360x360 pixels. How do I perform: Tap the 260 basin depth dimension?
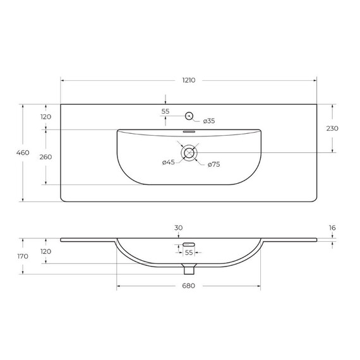pos(45,157)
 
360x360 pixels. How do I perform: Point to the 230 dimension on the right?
pos(332,128)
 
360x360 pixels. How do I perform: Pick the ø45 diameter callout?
pos(168,163)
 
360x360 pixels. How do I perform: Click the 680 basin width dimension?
pos(188,286)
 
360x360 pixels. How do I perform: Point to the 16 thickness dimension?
pos(332,228)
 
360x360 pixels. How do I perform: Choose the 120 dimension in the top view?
pos(45,117)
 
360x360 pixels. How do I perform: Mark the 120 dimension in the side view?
pos(45,251)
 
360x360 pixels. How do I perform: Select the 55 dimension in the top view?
pos(165,111)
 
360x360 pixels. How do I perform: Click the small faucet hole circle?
pos(188,116)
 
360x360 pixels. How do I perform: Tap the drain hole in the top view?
pos(188,152)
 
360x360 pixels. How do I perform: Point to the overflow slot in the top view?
pos(188,132)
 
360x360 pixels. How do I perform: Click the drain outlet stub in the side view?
pos(188,270)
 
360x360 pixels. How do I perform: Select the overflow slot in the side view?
pos(188,243)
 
